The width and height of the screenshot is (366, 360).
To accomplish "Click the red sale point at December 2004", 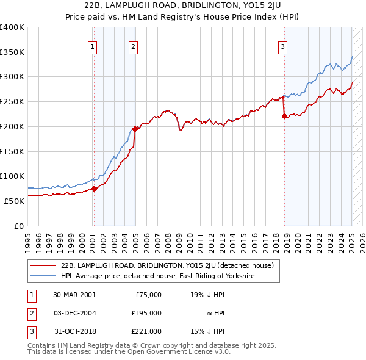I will point(135,129).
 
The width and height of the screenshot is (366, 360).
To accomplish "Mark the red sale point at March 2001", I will point(94,189).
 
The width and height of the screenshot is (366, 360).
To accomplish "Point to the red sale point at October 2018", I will point(284,116).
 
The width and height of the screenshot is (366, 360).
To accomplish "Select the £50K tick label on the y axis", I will point(15,201).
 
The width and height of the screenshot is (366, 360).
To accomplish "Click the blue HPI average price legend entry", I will point(157,276).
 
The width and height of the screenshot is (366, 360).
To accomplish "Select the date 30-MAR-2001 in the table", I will point(74,295).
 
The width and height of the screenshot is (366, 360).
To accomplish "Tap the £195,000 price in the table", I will point(146,313).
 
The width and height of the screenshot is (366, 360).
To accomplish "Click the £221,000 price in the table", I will point(146,331).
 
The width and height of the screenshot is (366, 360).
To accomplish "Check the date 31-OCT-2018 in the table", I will point(74,331).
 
